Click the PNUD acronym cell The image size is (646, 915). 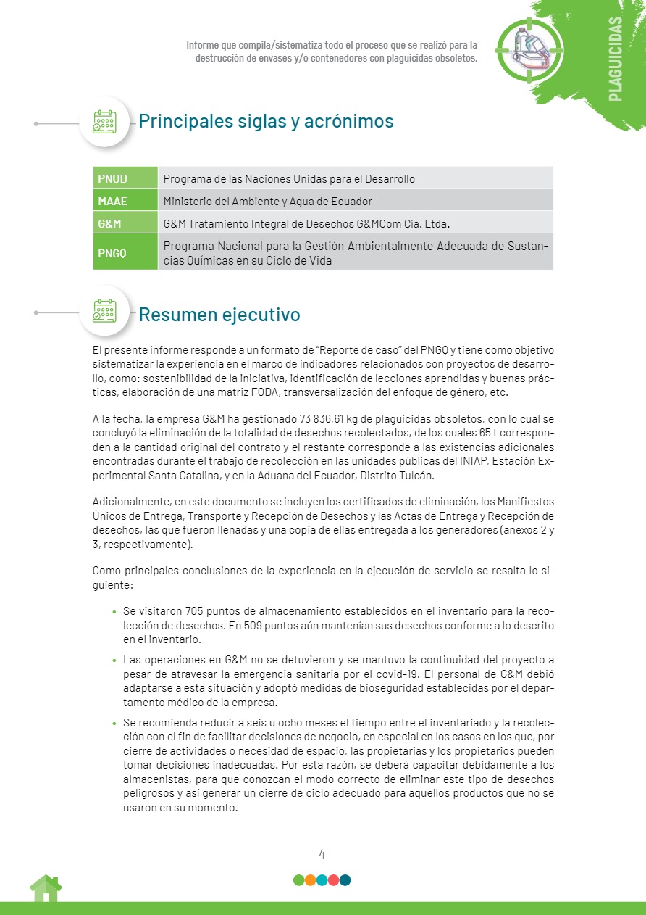pos(125,178)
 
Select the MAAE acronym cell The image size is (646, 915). pos(125,201)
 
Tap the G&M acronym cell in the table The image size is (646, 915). pos(125,223)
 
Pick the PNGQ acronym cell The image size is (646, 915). pos(125,253)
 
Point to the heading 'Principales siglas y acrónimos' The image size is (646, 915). pos(266,121)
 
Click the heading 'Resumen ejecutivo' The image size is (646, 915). pos(219,315)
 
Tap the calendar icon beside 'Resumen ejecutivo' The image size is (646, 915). pos(104,312)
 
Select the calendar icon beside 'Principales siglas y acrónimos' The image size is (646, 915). pos(104,122)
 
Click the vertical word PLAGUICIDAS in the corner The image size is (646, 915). pos(615,58)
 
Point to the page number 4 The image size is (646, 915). pos(322,853)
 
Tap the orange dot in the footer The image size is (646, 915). pos(310,880)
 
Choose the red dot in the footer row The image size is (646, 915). pos(333,880)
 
